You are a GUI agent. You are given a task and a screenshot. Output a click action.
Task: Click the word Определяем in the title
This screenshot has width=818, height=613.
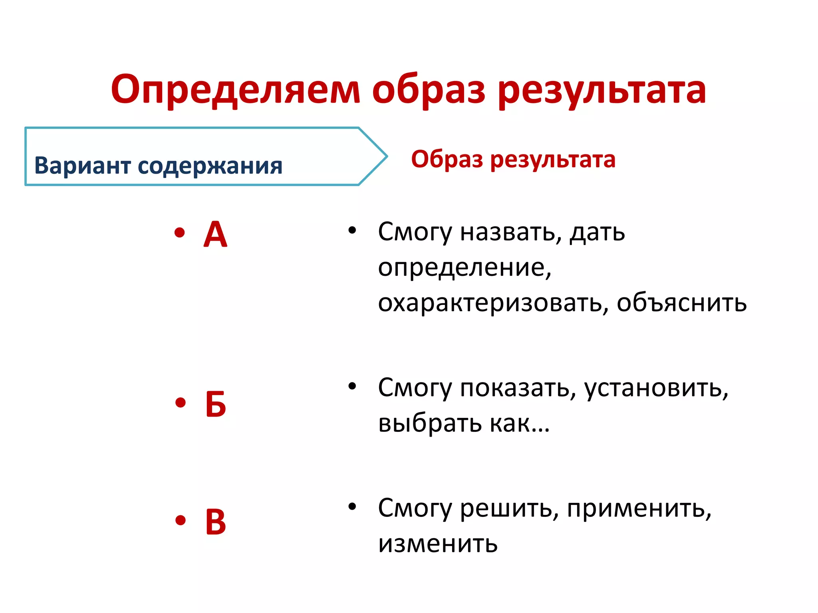point(236,90)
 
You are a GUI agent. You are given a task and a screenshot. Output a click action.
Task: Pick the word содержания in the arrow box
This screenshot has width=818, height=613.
point(210,166)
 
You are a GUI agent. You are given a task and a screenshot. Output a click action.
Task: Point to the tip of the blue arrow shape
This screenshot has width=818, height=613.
point(386,156)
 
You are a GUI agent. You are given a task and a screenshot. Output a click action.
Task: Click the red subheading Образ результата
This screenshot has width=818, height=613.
point(513,159)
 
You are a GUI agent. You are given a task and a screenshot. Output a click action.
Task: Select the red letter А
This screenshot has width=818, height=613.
point(215,235)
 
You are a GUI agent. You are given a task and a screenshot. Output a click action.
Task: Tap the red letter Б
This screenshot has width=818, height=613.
point(216,404)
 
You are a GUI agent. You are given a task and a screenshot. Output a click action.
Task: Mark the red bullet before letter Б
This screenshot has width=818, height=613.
point(181,402)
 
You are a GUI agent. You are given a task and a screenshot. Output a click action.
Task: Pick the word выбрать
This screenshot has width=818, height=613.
point(430,423)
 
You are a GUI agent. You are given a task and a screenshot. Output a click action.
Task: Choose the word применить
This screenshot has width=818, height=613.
point(639,508)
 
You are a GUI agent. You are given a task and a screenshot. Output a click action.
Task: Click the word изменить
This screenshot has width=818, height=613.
point(438,544)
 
